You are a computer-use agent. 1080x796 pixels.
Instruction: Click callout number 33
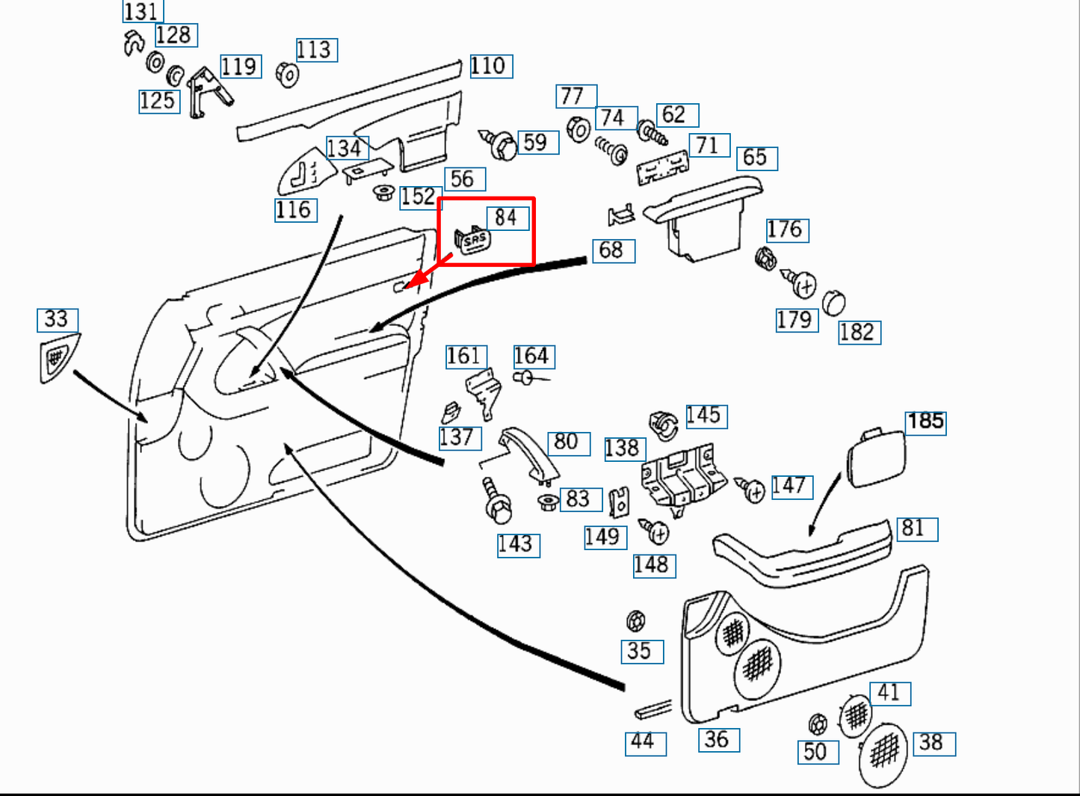click(57, 320)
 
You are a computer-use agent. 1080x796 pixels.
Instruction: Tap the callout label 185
click(925, 422)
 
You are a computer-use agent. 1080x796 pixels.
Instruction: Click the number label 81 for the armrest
click(914, 528)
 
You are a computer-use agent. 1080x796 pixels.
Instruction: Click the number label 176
click(786, 229)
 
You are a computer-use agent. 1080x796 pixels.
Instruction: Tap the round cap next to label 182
click(833, 303)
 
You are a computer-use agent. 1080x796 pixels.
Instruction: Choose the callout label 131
click(141, 11)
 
